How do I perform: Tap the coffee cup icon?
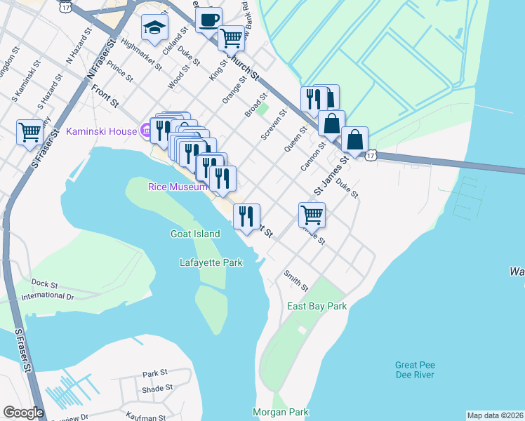[x=208, y=20]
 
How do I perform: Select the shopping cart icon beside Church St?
[x=231, y=38]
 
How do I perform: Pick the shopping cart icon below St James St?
[x=312, y=215]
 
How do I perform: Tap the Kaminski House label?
[x=101, y=131]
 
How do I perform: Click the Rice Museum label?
[x=177, y=187]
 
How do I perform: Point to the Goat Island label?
[x=195, y=234]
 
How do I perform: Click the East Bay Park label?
[x=317, y=307]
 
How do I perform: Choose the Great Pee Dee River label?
[x=415, y=370]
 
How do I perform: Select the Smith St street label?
[x=296, y=281]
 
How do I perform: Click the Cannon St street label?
[x=313, y=157]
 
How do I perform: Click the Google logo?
[x=23, y=413]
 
